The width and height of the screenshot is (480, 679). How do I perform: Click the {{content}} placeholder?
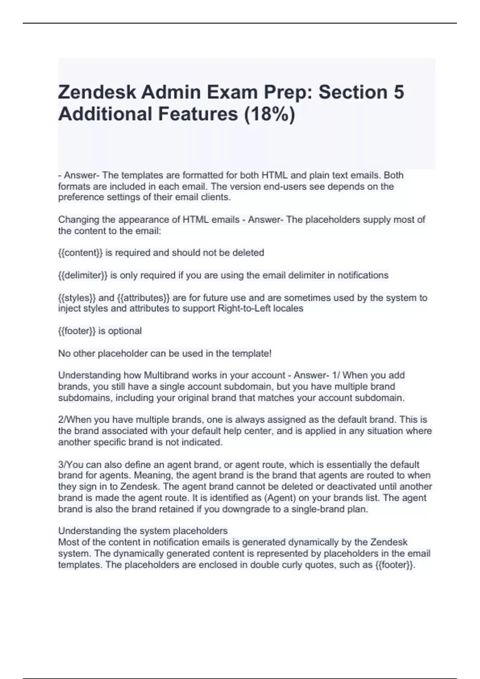point(80,253)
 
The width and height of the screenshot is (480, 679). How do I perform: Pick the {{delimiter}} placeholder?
point(83,275)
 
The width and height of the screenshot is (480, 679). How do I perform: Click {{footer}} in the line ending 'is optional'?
point(77,331)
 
